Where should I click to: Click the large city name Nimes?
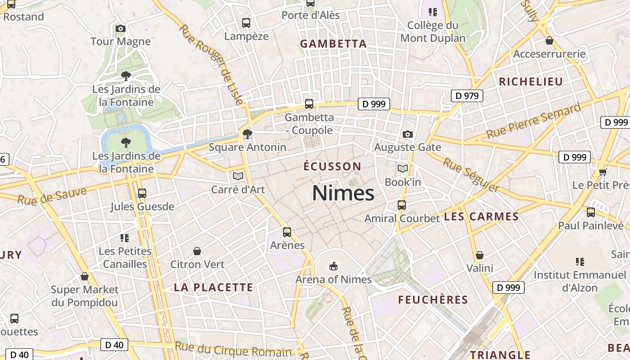click(343, 193)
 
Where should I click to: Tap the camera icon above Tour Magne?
click(120, 29)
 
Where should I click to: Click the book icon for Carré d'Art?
click(238, 176)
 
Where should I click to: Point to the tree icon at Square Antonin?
click(247, 134)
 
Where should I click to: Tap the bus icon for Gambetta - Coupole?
click(309, 104)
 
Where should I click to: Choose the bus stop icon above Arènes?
click(287, 232)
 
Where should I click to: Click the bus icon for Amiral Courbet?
click(402, 205)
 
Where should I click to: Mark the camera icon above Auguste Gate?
click(408, 134)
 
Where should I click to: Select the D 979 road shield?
click(467, 95)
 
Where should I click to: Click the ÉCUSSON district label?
click(332, 166)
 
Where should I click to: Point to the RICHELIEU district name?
click(531, 81)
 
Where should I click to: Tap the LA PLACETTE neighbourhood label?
click(214, 288)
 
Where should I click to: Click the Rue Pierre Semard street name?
click(534, 121)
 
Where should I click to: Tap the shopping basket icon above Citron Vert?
click(197, 251)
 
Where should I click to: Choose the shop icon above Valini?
click(480, 255)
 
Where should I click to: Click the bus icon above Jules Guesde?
click(142, 193)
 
